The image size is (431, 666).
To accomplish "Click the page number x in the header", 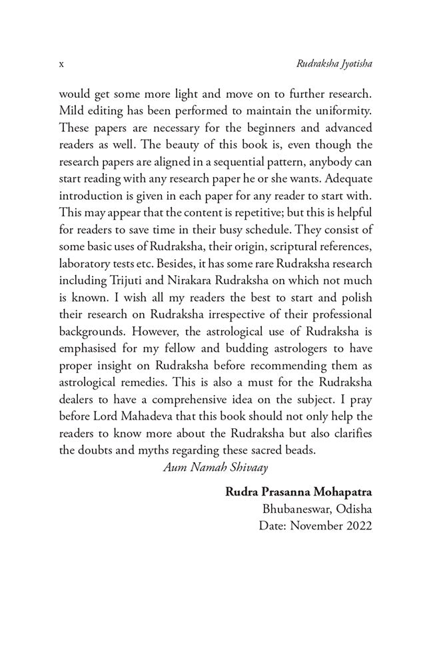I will click(61, 65).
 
